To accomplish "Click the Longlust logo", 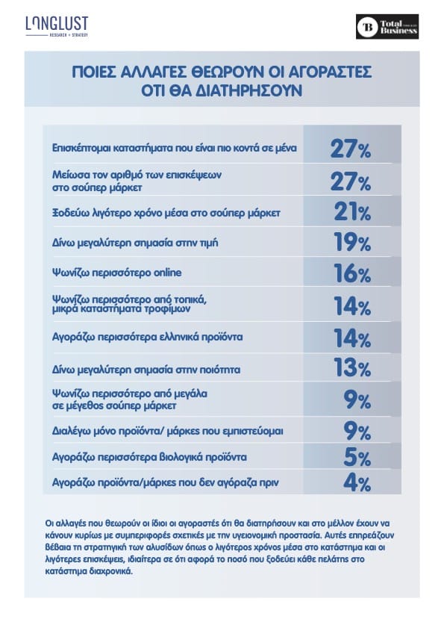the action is [x=57, y=26].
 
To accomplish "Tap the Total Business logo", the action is [x=387, y=26].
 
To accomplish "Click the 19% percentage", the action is [x=352, y=242].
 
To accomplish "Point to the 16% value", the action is [x=352, y=273].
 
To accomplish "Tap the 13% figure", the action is [x=352, y=367].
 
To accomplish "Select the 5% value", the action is [x=357, y=457].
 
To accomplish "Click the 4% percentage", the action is [x=357, y=482].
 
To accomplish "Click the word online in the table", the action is [x=167, y=273].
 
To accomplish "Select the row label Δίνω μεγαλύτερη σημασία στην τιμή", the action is [x=135, y=243].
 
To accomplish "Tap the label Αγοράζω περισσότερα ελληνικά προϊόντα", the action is [x=147, y=337].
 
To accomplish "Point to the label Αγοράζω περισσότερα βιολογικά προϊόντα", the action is [x=149, y=458].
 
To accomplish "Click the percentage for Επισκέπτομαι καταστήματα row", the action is [x=350, y=149].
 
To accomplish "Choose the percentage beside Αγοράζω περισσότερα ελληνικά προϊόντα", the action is [x=352, y=338].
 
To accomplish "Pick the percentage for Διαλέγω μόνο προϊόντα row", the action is [x=357, y=431].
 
